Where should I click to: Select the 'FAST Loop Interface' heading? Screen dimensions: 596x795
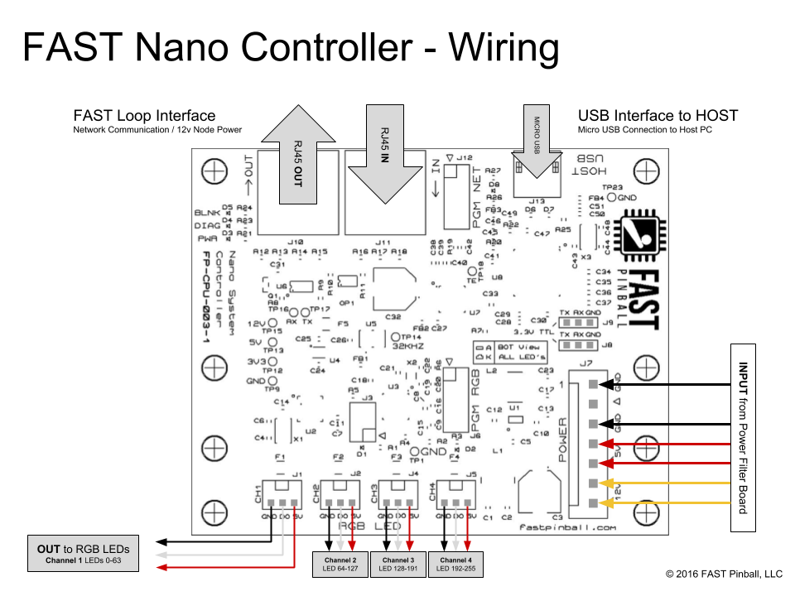144,116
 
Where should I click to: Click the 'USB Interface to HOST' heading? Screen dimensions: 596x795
658,116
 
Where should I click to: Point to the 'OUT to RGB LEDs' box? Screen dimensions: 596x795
82,554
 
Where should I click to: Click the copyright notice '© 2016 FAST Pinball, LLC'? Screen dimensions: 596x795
724,574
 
